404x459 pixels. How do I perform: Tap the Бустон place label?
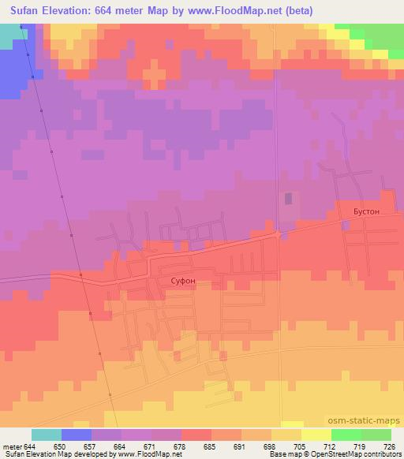tap(365, 212)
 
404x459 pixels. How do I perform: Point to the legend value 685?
tap(209, 446)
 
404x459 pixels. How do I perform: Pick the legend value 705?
tap(300, 446)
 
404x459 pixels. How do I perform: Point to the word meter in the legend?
tap(13, 446)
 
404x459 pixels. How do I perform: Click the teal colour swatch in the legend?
tap(47, 435)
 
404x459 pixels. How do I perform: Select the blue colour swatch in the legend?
tap(77, 435)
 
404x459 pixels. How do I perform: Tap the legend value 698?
tap(269, 446)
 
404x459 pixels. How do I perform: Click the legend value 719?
tap(360, 446)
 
